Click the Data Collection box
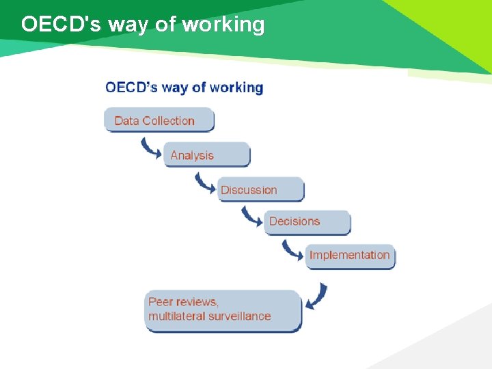(x=159, y=120)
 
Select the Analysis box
(x=206, y=155)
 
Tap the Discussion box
(x=260, y=190)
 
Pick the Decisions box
(x=307, y=221)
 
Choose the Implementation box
(x=350, y=256)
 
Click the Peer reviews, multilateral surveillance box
(x=223, y=310)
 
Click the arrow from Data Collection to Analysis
(x=150, y=148)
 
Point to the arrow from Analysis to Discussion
(x=204, y=182)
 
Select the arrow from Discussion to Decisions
(x=251, y=216)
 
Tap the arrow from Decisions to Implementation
(x=292, y=249)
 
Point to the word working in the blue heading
(x=236, y=87)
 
